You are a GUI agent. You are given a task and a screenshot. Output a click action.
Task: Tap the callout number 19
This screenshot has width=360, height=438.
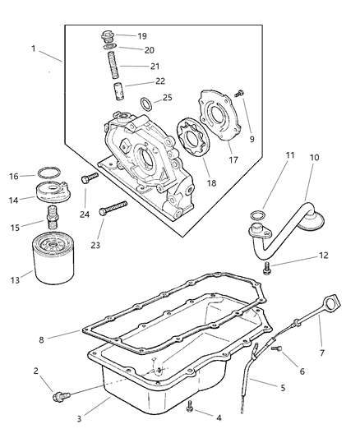click(x=142, y=36)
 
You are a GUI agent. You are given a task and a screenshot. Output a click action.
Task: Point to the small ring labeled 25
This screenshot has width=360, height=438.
click(x=145, y=104)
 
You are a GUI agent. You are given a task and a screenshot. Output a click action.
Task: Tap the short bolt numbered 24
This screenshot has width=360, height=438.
click(x=90, y=178)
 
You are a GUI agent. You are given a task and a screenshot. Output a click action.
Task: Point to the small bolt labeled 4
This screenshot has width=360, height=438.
click(x=190, y=404)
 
